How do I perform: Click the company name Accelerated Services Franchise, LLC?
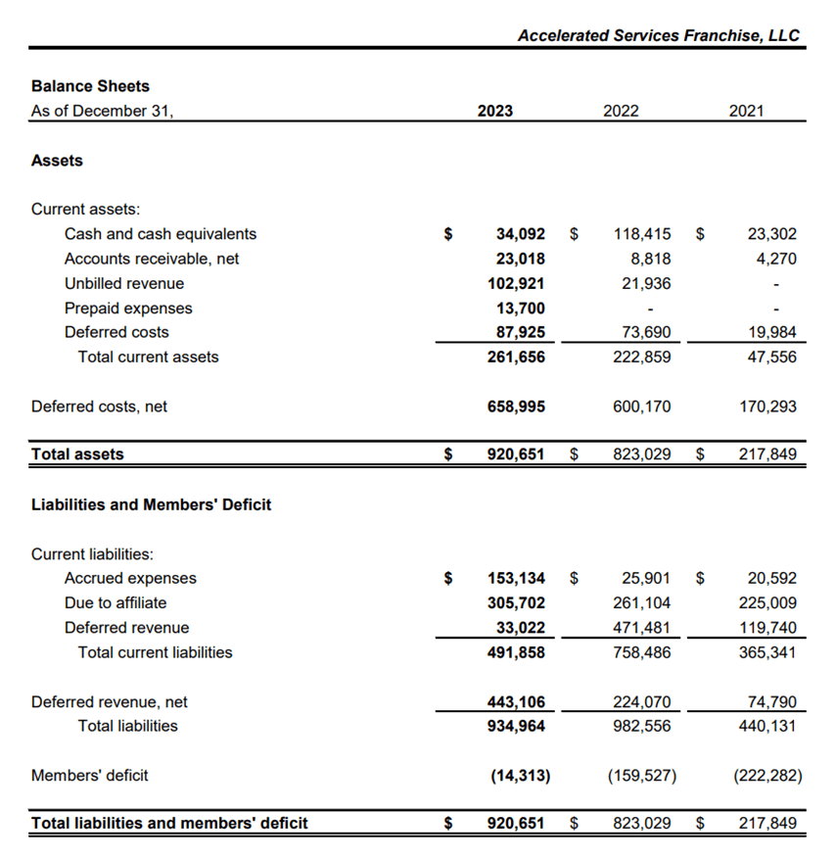[658, 35]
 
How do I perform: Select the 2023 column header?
[494, 111]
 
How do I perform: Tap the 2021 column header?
[746, 111]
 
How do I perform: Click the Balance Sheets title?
[90, 86]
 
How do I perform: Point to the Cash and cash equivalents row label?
[161, 234]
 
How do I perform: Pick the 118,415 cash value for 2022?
[642, 234]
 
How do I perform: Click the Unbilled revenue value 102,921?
[516, 283]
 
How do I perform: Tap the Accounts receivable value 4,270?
[776, 259]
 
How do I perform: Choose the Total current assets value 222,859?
[642, 357]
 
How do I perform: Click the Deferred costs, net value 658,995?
[516, 406]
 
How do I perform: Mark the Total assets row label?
[77, 454]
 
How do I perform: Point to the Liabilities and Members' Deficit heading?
[151, 504]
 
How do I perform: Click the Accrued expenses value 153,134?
[516, 578]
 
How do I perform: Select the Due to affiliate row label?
[116, 602]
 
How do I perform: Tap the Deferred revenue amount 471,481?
[642, 627]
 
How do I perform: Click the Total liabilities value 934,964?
[516, 726]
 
